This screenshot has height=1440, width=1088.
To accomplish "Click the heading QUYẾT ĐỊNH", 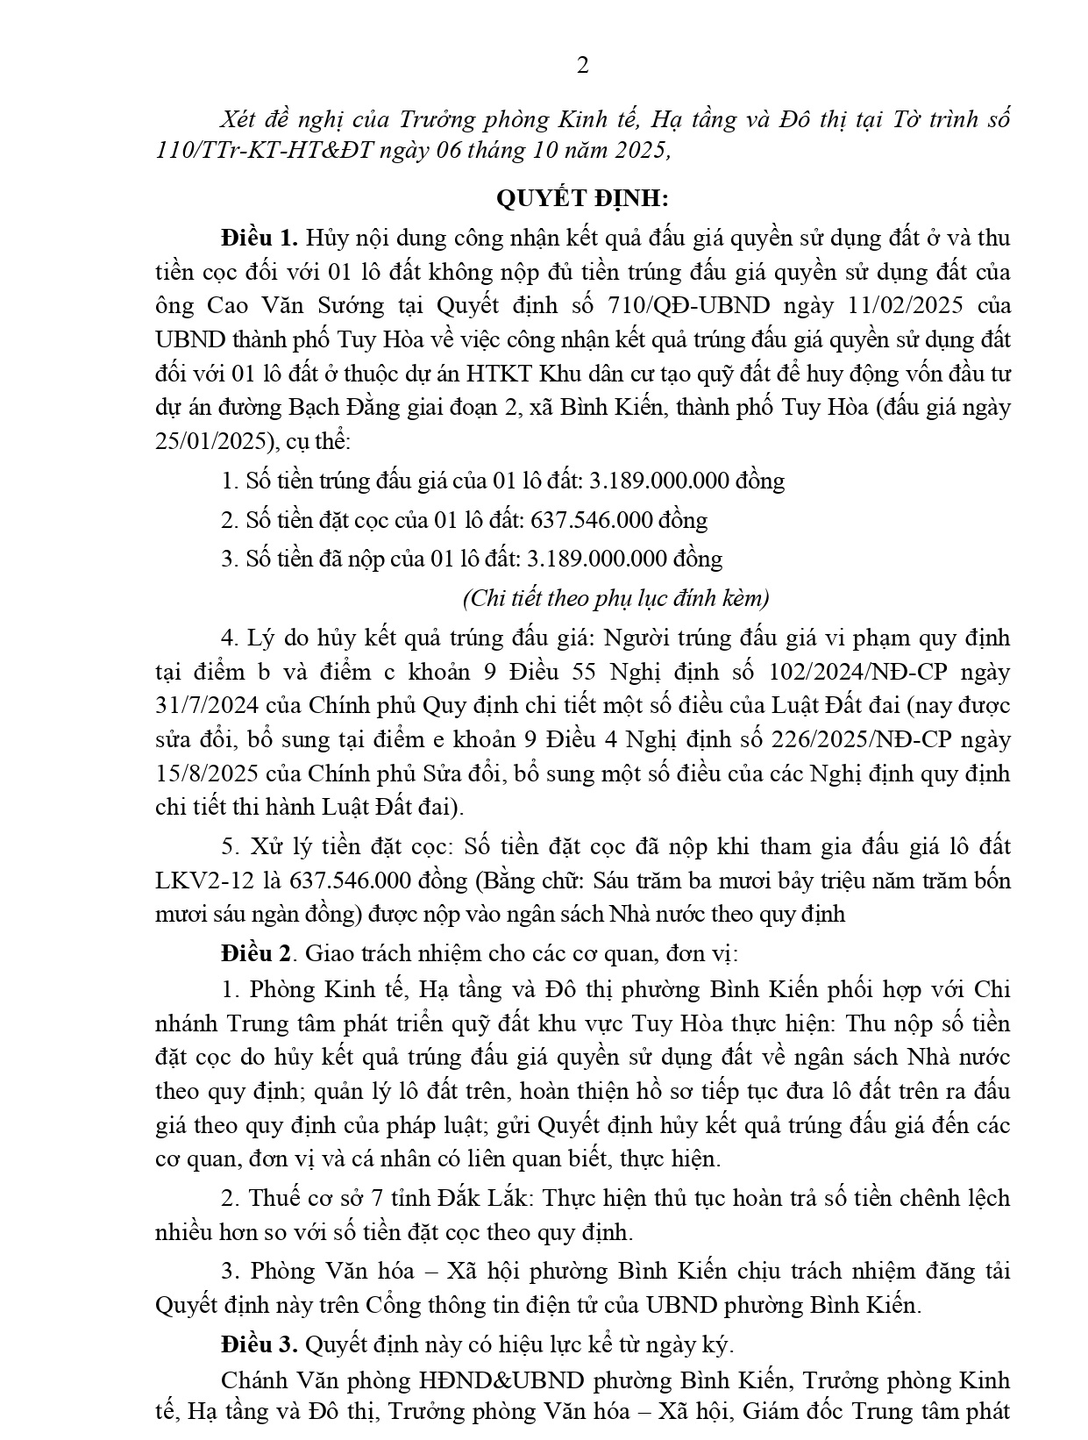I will point(582,199).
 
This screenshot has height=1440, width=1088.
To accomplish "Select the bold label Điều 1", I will point(260,238).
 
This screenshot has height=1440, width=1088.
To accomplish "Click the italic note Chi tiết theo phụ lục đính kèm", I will point(615,599).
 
